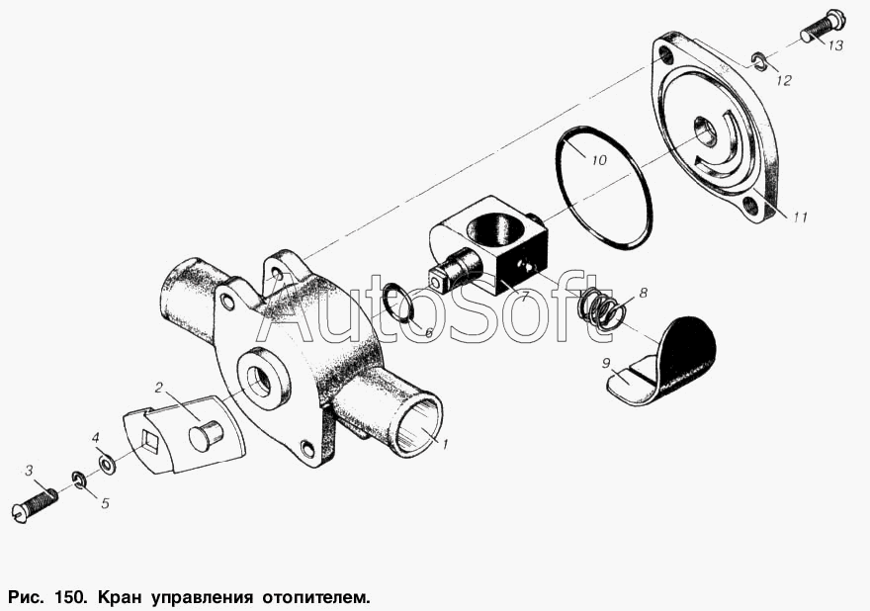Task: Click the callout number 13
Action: click(x=835, y=44)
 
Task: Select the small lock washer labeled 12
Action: click(x=760, y=61)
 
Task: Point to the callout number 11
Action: click(x=800, y=217)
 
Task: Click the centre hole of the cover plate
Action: click(x=705, y=129)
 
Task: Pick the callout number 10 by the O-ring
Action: click(x=599, y=160)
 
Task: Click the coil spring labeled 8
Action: click(x=596, y=313)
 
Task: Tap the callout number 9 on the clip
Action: click(x=606, y=363)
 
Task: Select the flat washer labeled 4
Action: click(x=106, y=464)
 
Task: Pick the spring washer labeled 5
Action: click(x=78, y=480)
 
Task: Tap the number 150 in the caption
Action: click(x=70, y=598)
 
